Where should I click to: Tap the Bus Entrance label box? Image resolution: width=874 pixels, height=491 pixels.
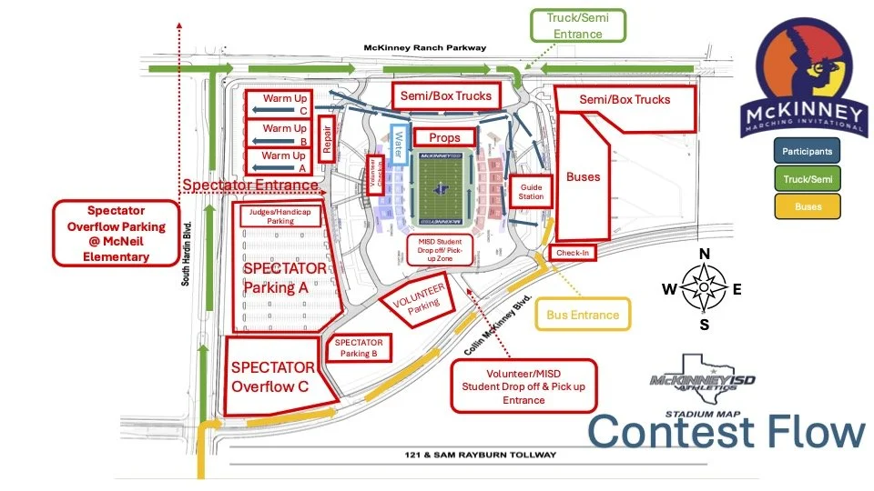(x=583, y=315)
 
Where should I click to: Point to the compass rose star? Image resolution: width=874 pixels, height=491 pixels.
(x=703, y=288)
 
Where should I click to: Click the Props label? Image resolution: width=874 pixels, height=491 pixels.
(x=445, y=137)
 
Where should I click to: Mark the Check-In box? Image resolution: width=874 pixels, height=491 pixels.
(x=572, y=252)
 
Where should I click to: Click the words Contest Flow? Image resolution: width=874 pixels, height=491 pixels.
(x=726, y=431)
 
